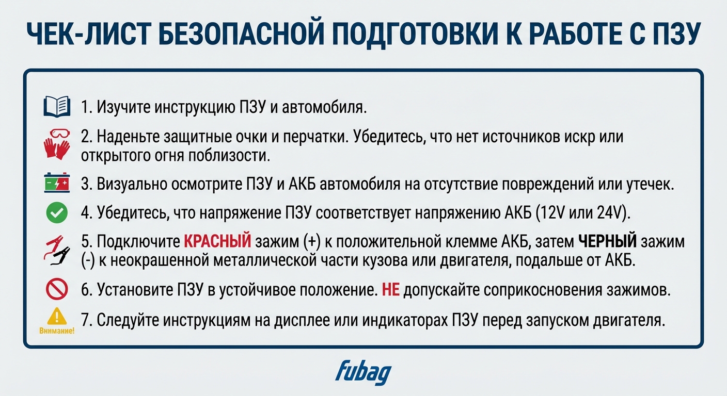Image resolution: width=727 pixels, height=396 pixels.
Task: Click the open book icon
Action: point(57,107)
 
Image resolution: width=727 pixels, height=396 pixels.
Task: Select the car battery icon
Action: point(56,184)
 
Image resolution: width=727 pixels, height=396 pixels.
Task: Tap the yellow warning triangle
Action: point(57,315)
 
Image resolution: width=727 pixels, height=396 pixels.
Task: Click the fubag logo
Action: point(363,372)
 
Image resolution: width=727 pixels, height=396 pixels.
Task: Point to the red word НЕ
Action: point(390,290)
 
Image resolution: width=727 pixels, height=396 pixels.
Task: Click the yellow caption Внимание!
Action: point(57,331)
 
